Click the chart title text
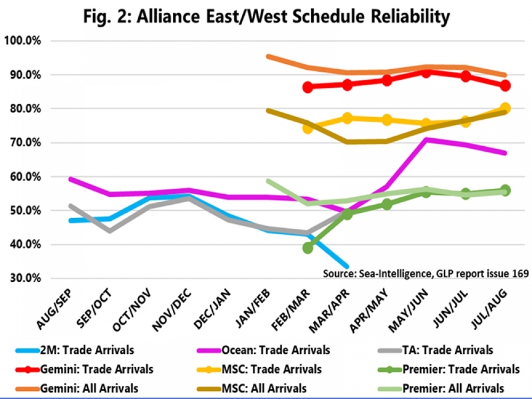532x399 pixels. coord(266,16)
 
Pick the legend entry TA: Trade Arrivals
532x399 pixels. coord(447,350)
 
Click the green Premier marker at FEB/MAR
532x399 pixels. coord(307,247)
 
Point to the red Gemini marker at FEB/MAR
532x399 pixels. coord(307,87)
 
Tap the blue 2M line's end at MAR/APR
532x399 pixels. coord(347,267)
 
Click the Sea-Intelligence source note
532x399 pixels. coord(426,273)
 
